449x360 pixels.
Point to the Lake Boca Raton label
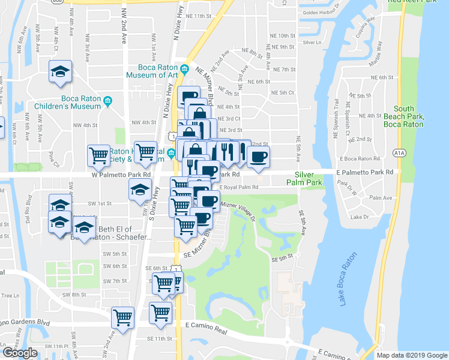(349, 278)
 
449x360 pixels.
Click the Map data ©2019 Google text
(411, 355)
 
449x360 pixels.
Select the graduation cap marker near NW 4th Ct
(61, 72)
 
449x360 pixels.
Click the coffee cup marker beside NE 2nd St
(258, 157)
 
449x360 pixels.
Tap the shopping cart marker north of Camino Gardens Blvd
(123, 318)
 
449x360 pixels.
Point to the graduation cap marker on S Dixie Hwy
(140, 191)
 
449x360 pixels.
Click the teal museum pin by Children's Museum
(108, 101)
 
